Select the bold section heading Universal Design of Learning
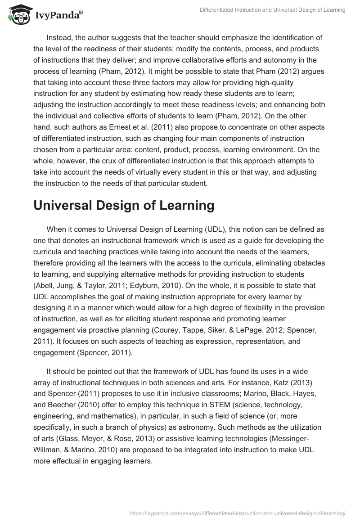coord(124,206)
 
